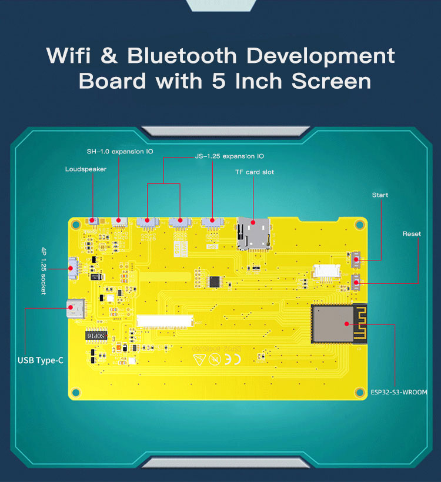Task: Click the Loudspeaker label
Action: (x=86, y=169)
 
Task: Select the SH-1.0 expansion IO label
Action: (x=120, y=152)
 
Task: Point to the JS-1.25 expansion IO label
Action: (x=229, y=156)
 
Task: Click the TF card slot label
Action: (x=255, y=172)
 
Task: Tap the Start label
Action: (x=380, y=195)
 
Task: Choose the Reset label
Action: (x=412, y=234)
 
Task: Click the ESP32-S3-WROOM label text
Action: (x=399, y=391)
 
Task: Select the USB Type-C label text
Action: (x=41, y=360)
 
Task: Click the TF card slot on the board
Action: (x=253, y=233)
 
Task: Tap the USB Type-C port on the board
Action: (x=76, y=307)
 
